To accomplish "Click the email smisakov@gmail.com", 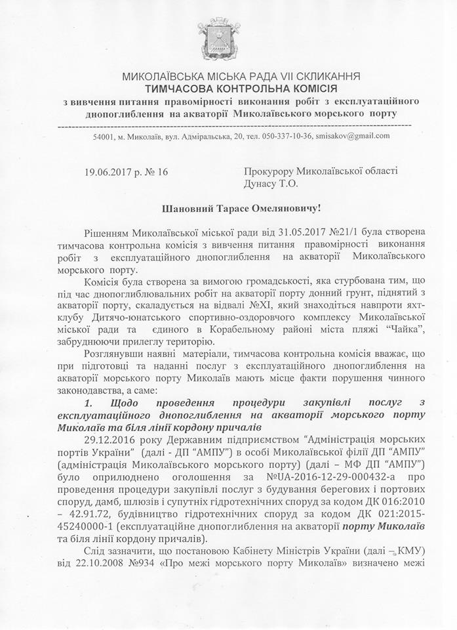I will click(x=356, y=136).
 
